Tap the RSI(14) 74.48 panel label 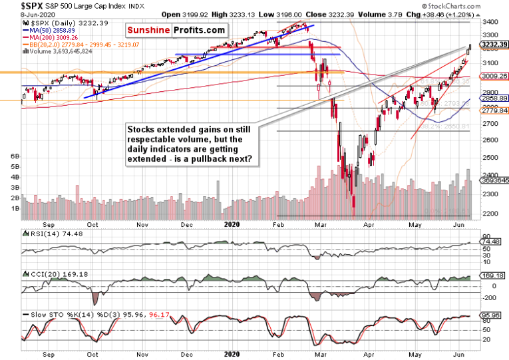pyautogui.click(x=47, y=236)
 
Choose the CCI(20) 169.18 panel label pyautogui.click(x=49, y=273)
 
